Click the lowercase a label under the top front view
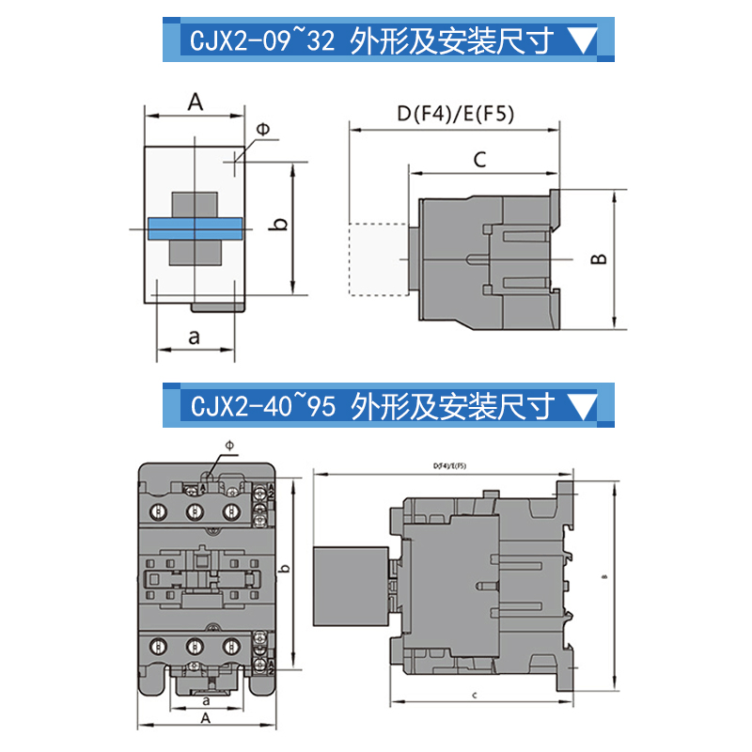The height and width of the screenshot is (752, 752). click(x=195, y=336)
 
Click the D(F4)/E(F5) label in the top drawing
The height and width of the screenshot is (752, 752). click(x=455, y=114)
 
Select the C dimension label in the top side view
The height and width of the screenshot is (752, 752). click(x=478, y=160)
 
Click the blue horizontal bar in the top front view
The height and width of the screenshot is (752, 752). click(x=195, y=228)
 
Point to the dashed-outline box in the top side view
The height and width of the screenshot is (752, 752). click(x=377, y=258)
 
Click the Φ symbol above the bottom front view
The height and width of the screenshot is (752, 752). click(x=230, y=445)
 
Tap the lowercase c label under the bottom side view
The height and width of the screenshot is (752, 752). click(x=476, y=695)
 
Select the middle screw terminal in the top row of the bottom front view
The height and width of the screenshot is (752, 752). click(x=194, y=511)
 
